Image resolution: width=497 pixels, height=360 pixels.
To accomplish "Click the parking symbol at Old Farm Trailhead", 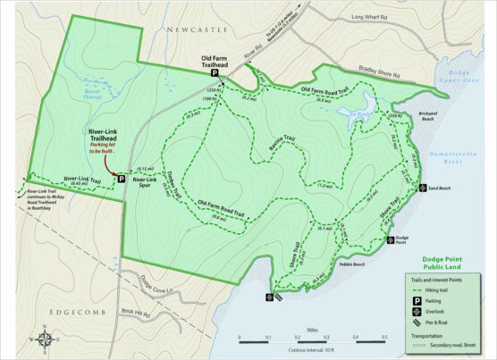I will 214,75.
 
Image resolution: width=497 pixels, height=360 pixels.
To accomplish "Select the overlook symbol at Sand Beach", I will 422,188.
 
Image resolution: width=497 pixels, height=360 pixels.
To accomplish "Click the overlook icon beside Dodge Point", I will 389,239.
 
